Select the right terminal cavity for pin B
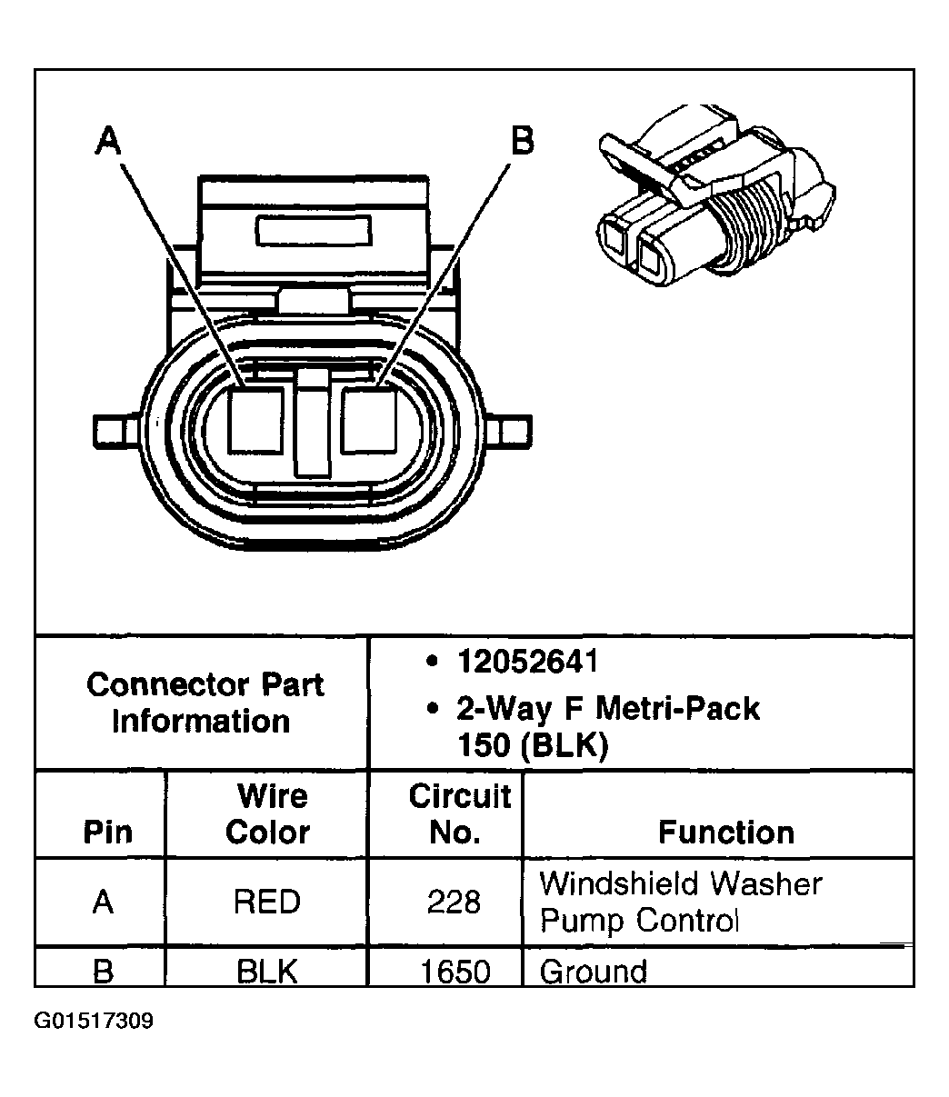tap(367, 420)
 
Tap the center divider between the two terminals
tap(311, 423)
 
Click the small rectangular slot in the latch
tap(314, 231)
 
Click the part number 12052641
tap(527, 662)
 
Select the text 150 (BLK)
tap(532, 745)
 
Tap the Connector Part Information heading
tap(204, 703)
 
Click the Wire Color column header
tap(268, 813)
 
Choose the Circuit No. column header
tap(459, 813)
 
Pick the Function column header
tap(725, 832)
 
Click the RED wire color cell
tap(266, 902)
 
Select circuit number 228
tap(454, 903)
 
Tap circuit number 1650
tap(455, 972)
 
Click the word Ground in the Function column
tap(594, 972)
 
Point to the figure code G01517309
tap(94, 1022)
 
